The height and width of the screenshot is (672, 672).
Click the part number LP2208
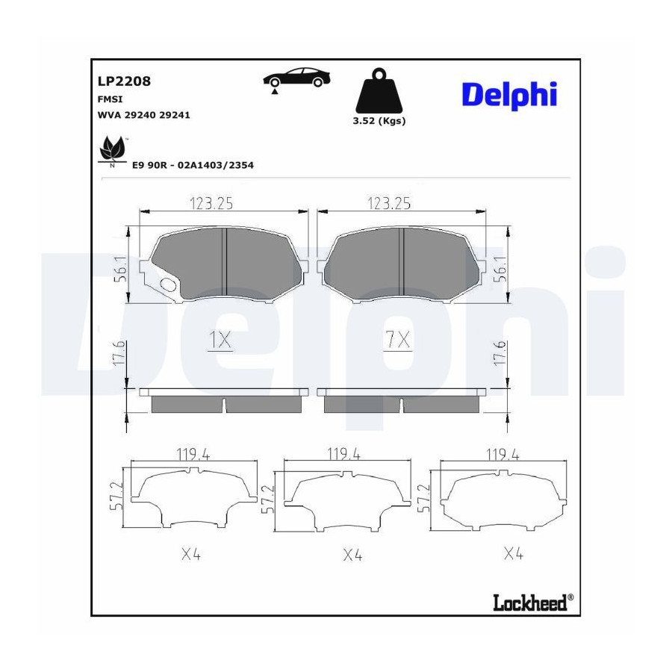pos(124,81)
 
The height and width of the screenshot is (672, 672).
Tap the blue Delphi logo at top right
pos(509,95)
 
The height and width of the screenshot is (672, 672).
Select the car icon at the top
pos(297,78)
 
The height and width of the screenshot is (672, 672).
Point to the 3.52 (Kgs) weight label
pos(379,121)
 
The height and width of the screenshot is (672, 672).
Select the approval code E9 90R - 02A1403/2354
pos(193,165)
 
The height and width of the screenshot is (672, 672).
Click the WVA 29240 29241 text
pos(143,115)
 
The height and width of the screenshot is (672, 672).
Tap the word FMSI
pos(111,99)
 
